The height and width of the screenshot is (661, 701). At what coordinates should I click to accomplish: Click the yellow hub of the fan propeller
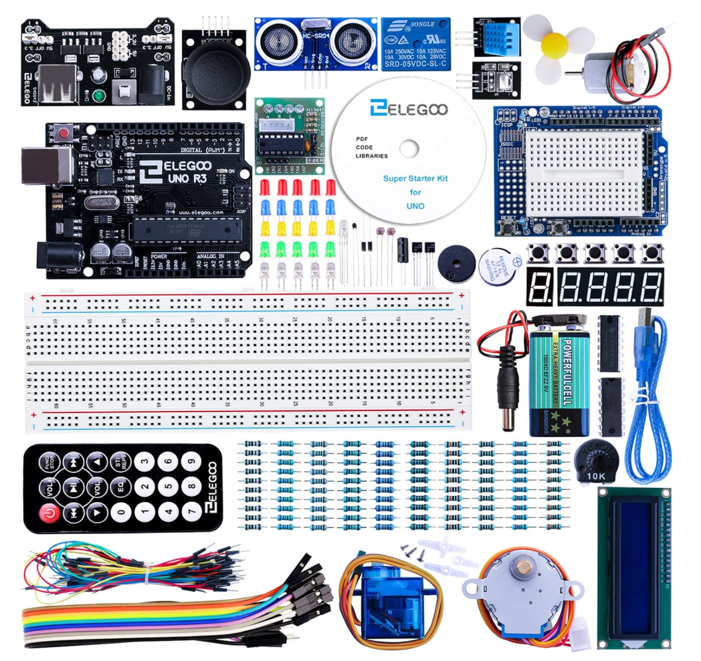pos(553,44)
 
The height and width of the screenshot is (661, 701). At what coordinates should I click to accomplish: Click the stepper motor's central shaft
pos(517,572)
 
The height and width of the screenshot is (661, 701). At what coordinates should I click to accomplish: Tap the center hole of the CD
pos(409,148)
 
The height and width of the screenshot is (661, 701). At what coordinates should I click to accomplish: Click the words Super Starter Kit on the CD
pos(415,178)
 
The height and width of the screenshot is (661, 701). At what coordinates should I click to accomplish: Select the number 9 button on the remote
pos(192,462)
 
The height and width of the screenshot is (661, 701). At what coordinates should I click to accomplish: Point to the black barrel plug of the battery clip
pos(509,391)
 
